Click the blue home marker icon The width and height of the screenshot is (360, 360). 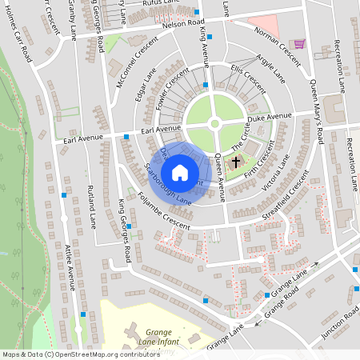tap(180, 172)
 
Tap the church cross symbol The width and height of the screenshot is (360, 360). tap(235, 163)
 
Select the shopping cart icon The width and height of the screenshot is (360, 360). tap(300, 45)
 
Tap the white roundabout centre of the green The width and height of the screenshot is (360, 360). tap(214, 123)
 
